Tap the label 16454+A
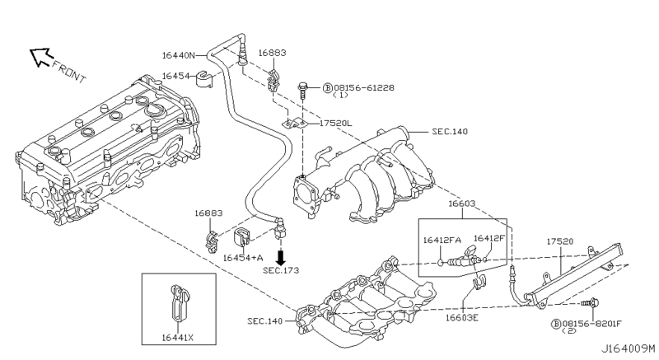[x=243, y=257]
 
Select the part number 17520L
[x=335, y=123]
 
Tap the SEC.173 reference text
[x=280, y=270]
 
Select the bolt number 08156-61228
[x=364, y=86]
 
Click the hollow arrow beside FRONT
[x=40, y=56]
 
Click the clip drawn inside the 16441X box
[x=178, y=305]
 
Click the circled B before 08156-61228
[x=326, y=86]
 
